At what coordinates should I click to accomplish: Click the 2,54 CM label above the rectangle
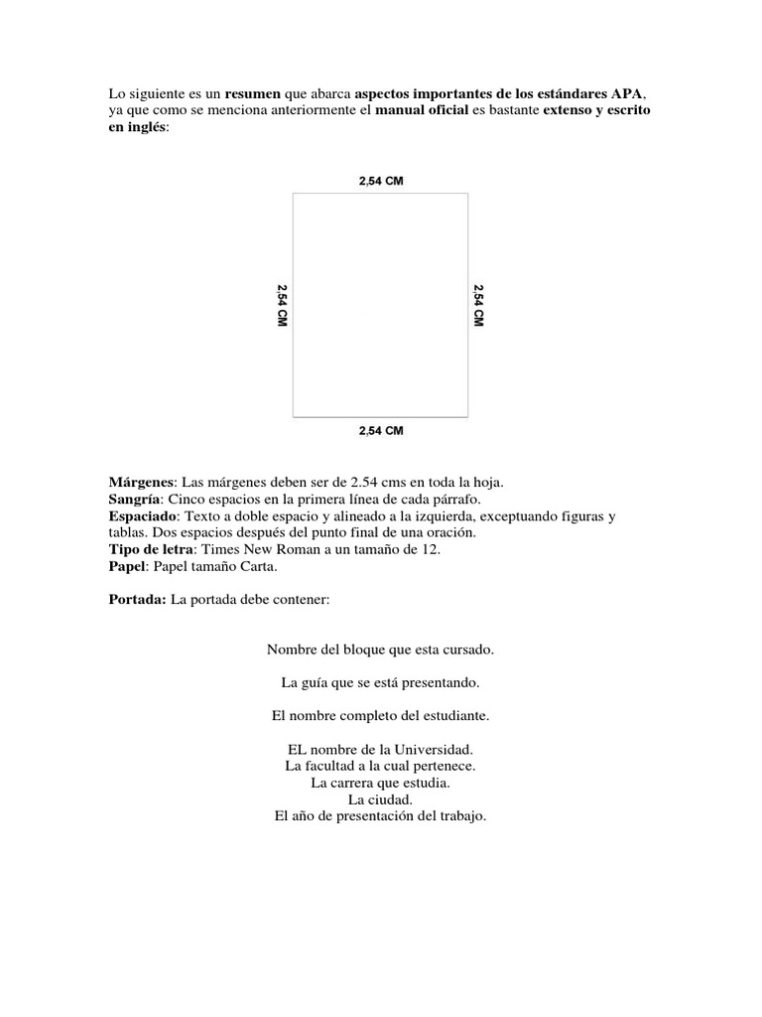tap(381, 180)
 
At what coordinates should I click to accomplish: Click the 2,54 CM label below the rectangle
tap(381, 431)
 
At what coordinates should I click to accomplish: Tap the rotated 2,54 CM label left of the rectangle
tap(282, 307)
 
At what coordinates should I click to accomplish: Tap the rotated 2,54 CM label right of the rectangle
tap(478, 307)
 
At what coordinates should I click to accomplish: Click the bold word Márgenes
tap(141, 482)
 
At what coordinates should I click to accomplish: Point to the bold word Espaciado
tap(143, 516)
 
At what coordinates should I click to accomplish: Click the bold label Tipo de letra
tap(151, 549)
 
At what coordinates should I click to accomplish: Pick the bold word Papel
tap(127, 567)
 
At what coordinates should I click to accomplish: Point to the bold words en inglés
tap(137, 128)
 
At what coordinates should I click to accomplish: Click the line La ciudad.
tap(380, 799)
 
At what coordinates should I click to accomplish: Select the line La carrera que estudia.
tap(380, 783)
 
